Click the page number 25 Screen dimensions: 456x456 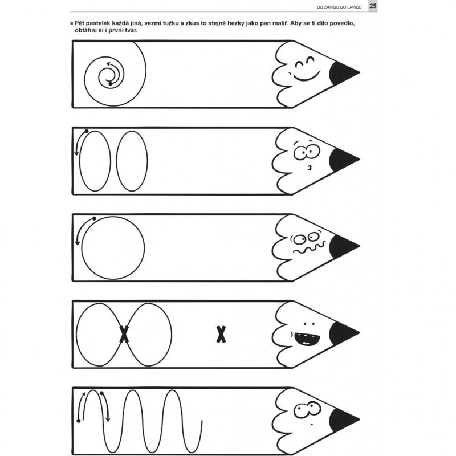pos(373,6)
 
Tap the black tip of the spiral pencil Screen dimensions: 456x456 pos(343,72)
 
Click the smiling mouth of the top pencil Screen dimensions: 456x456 pos(306,76)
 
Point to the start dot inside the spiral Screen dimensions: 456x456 pos(110,84)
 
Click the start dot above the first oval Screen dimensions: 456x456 pos(87,131)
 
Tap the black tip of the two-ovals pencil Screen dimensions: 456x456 pos(343,159)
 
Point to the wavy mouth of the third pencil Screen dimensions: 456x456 pos(309,249)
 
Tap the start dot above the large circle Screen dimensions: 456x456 pos(94,218)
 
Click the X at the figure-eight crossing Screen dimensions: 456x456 pos(124,334)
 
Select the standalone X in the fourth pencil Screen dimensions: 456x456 pos(221,334)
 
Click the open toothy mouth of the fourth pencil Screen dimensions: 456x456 pos(307,339)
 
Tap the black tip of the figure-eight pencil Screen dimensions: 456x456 pos(343,333)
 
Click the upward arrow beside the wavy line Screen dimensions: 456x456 pos(81,406)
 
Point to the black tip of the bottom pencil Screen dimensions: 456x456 pos(343,420)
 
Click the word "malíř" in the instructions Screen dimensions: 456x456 pos(280,23)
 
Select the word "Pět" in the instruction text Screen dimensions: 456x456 pos(80,23)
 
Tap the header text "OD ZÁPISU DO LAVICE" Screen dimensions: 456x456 pos(339,7)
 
